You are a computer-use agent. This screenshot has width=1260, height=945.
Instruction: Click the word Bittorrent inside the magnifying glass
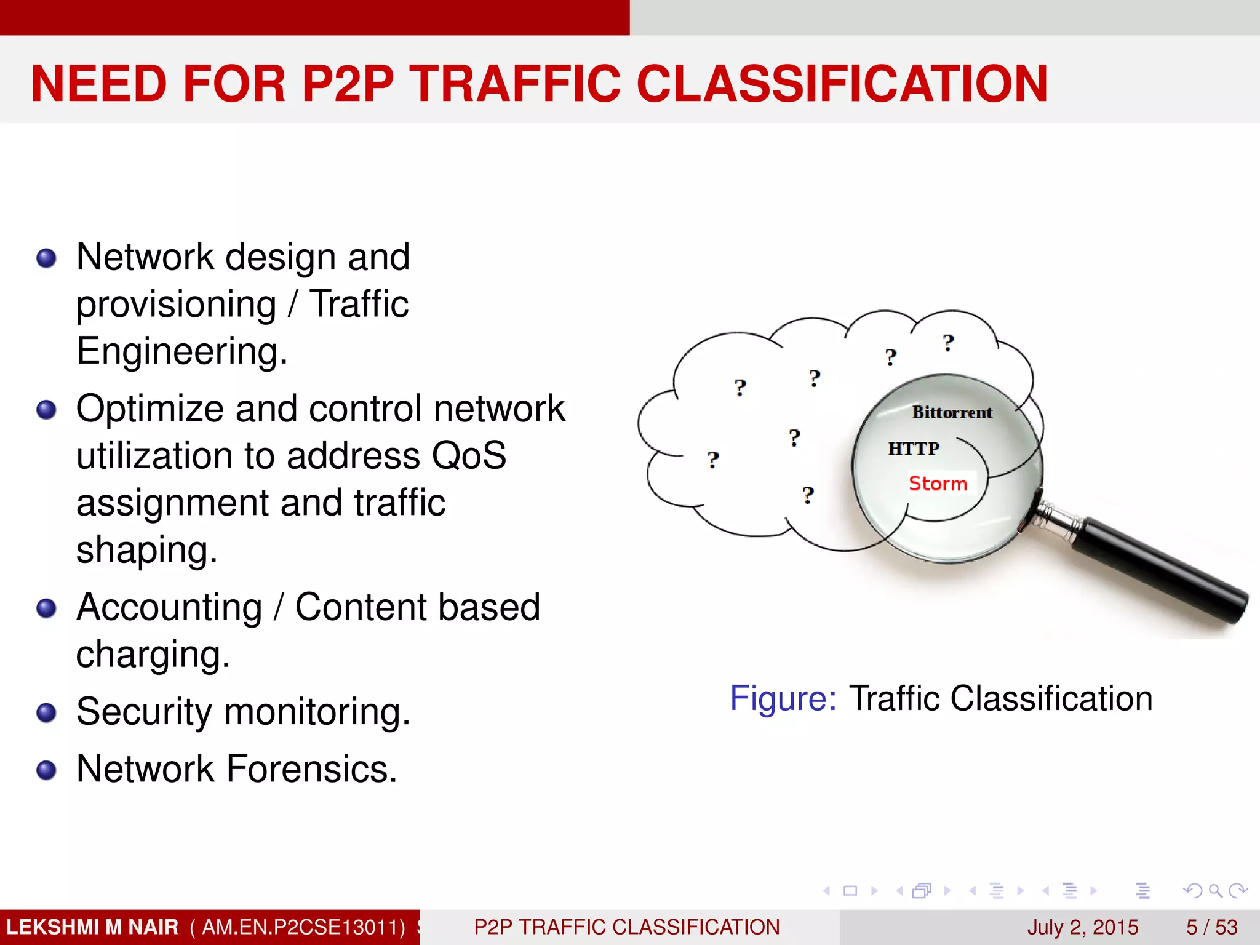[x=952, y=413]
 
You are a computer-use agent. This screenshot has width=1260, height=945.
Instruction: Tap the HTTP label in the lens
[x=914, y=449]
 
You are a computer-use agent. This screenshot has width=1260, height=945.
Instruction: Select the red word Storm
[x=938, y=484]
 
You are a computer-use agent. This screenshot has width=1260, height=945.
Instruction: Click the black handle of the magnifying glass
[x=1163, y=569]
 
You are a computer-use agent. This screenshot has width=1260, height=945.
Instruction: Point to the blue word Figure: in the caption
[x=783, y=698]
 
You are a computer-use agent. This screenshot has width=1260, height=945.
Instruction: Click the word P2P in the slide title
[x=348, y=84]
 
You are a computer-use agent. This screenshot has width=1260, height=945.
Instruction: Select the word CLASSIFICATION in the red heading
[x=842, y=84]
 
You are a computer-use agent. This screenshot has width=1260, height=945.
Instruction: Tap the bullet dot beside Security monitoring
[x=47, y=713]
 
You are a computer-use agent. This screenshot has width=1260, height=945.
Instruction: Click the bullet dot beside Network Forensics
[x=47, y=770]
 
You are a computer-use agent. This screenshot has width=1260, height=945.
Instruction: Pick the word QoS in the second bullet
[x=469, y=456]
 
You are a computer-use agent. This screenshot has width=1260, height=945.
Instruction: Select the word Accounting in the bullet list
[x=169, y=608]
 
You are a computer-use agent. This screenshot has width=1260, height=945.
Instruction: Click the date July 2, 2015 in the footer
[x=1082, y=927]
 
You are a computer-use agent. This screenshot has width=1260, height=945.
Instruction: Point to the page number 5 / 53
[x=1211, y=927]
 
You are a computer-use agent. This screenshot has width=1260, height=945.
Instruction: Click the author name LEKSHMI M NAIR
[x=92, y=927]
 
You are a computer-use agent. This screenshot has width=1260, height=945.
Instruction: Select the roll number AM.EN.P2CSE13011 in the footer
[x=298, y=927]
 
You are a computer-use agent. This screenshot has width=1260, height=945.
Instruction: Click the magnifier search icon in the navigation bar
[x=1215, y=890]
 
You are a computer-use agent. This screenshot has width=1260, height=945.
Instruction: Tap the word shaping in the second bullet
[x=146, y=550]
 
